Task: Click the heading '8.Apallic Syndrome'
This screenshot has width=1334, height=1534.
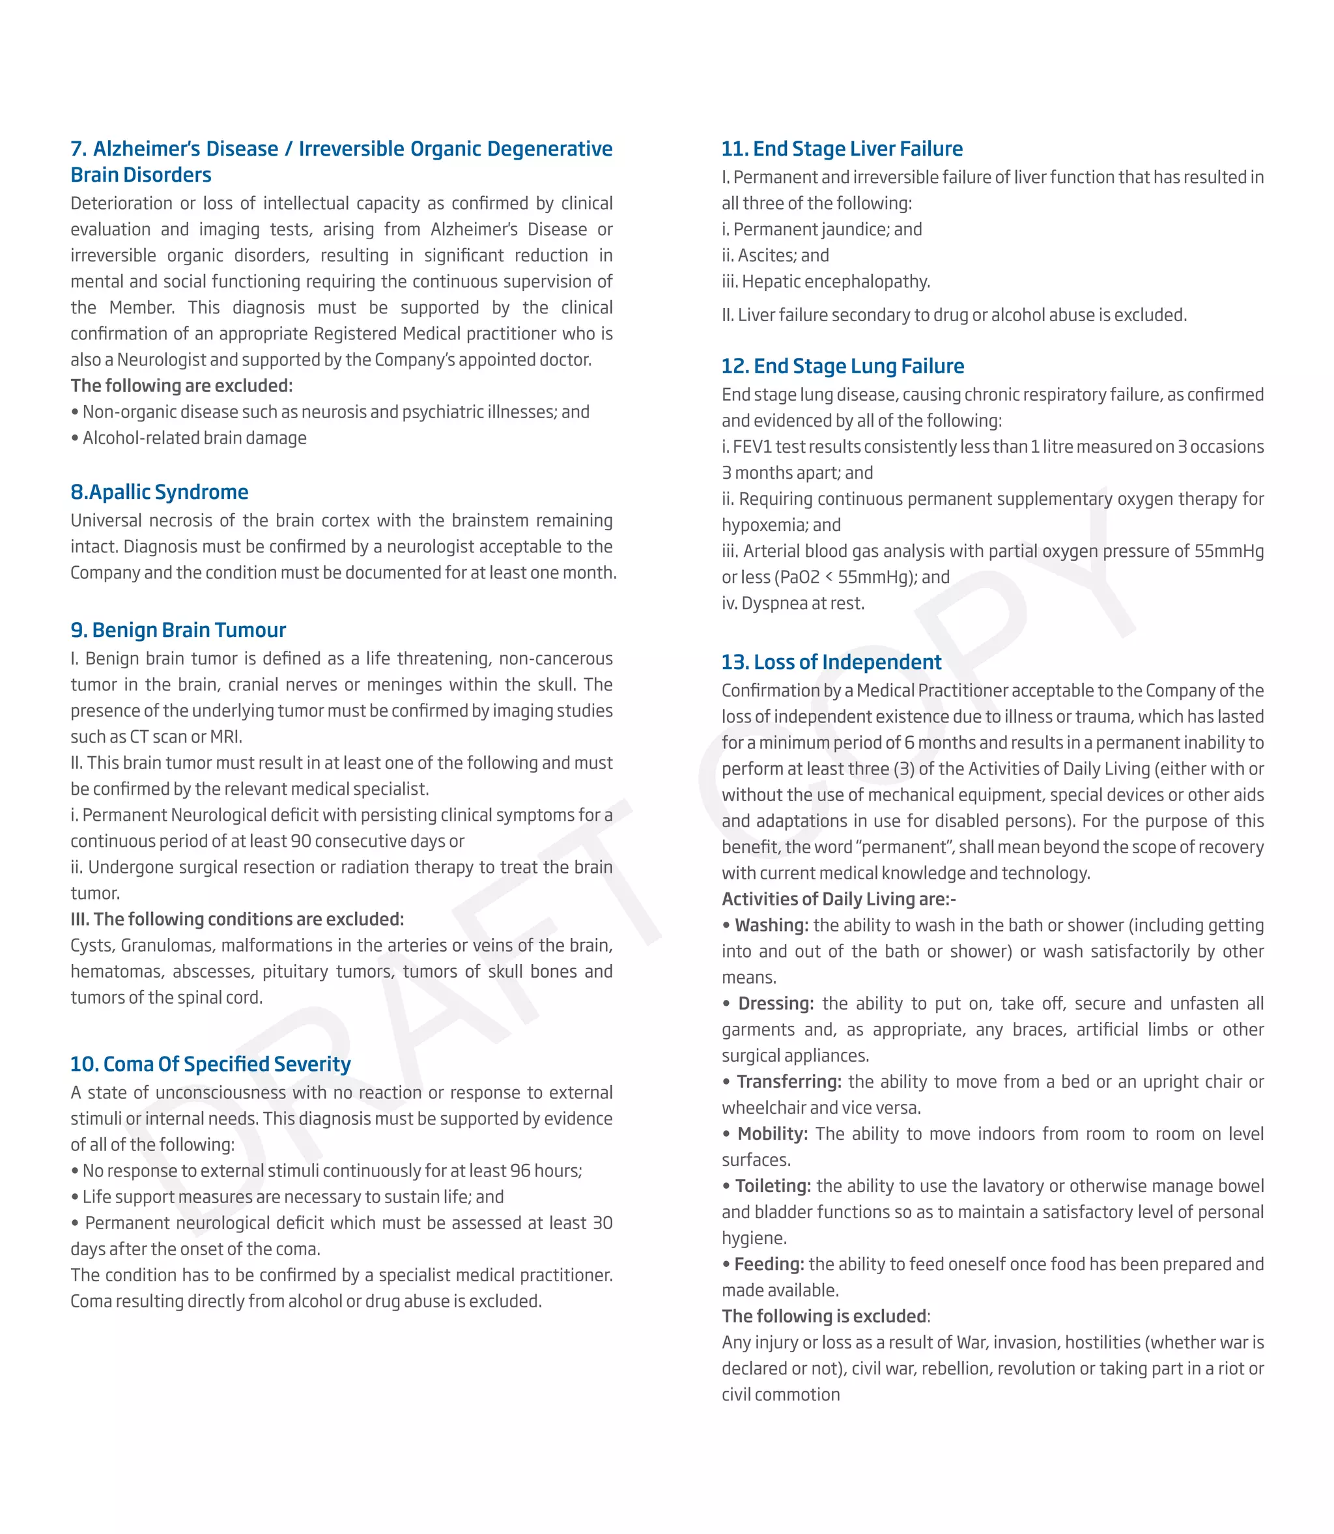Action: point(160,492)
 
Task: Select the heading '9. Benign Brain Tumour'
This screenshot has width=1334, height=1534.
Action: point(178,630)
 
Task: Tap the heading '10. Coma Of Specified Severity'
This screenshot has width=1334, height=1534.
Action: point(210,1064)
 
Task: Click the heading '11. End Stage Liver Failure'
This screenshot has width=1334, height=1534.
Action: point(842,149)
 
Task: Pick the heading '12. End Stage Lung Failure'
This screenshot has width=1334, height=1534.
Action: point(843,366)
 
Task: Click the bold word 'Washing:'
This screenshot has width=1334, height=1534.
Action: point(771,925)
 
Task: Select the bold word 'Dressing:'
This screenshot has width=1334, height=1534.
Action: point(776,1003)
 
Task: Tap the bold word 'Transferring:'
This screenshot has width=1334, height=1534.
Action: point(789,1081)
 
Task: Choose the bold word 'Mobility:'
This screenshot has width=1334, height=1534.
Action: point(773,1133)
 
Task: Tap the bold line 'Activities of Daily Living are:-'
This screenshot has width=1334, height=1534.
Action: point(839,899)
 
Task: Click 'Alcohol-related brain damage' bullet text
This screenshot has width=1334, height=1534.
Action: point(194,438)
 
